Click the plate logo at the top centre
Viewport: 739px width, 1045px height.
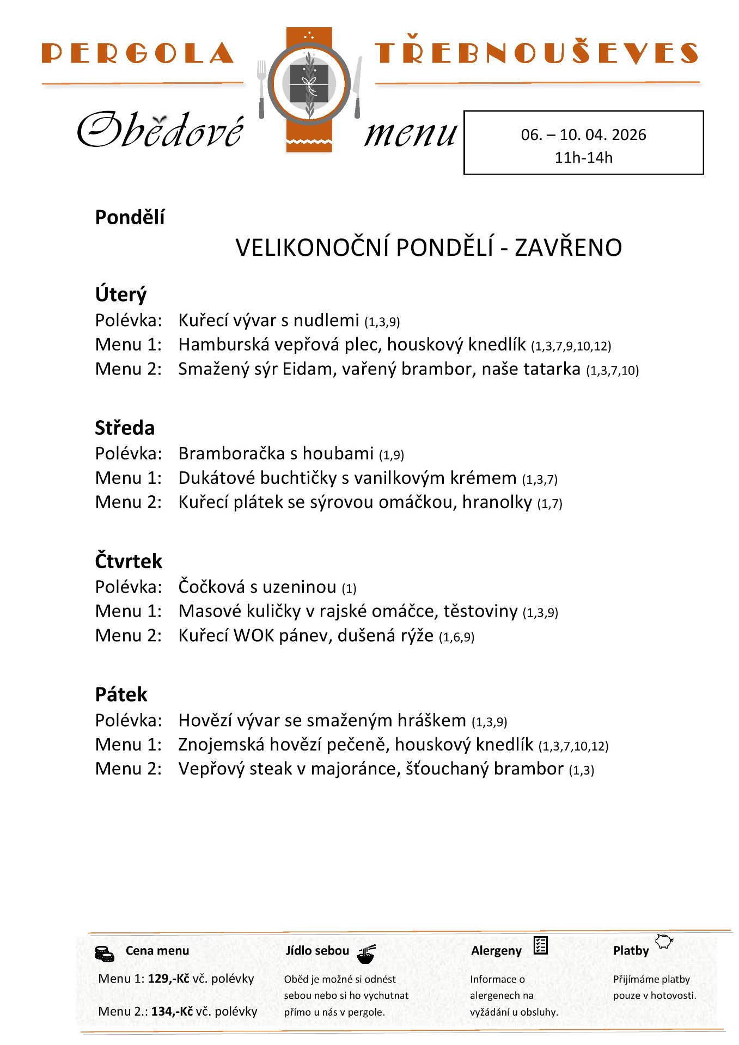309,84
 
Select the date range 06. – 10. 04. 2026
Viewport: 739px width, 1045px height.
583,135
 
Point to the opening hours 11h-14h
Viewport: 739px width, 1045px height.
583,158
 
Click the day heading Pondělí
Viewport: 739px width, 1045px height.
130,218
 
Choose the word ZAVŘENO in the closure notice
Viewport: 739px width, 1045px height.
568,248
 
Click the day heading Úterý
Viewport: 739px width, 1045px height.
121,294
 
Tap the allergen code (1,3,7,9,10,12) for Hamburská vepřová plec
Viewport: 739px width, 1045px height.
571,346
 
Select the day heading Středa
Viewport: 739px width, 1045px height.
125,428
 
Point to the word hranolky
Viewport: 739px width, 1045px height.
497,502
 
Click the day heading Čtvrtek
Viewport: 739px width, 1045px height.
129,562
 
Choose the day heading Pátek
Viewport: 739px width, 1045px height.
121,695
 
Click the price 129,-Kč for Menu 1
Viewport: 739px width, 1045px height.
168,979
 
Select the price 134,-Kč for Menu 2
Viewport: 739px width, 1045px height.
172,1012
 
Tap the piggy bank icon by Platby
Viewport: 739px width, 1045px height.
664,942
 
